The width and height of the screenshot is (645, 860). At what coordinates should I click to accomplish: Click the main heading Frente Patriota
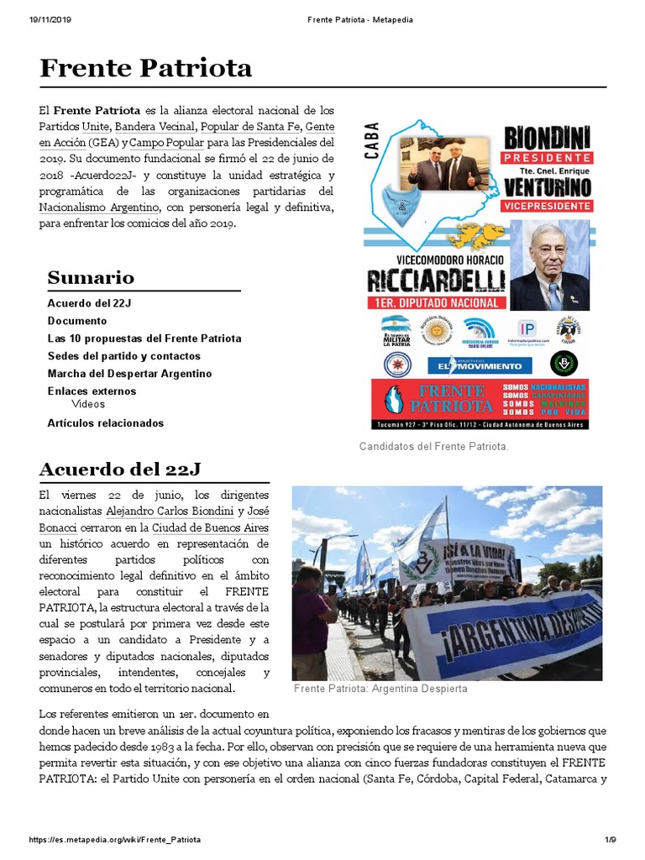coord(146,68)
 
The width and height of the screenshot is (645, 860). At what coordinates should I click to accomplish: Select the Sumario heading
coord(91,277)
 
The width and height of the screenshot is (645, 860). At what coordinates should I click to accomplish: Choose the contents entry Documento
coord(77,321)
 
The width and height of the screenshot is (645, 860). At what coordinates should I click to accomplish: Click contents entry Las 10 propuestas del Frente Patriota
coord(144,338)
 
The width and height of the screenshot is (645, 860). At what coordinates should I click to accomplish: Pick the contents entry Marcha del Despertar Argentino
coord(129,374)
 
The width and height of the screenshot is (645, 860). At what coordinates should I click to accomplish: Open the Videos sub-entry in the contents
coord(88,404)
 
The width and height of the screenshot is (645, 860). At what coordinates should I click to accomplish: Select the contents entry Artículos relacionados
coord(106,423)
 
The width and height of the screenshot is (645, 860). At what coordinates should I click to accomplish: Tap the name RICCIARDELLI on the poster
coord(435,280)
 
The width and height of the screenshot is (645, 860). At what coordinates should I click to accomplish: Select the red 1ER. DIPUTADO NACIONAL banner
coord(436,302)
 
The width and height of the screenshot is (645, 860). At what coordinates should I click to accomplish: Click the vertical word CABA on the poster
coord(373,139)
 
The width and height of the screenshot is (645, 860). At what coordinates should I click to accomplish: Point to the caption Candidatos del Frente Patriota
coord(433,447)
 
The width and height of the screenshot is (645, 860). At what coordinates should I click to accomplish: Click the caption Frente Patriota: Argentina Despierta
coord(380,689)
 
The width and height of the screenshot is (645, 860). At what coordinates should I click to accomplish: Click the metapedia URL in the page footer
coord(114,839)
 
